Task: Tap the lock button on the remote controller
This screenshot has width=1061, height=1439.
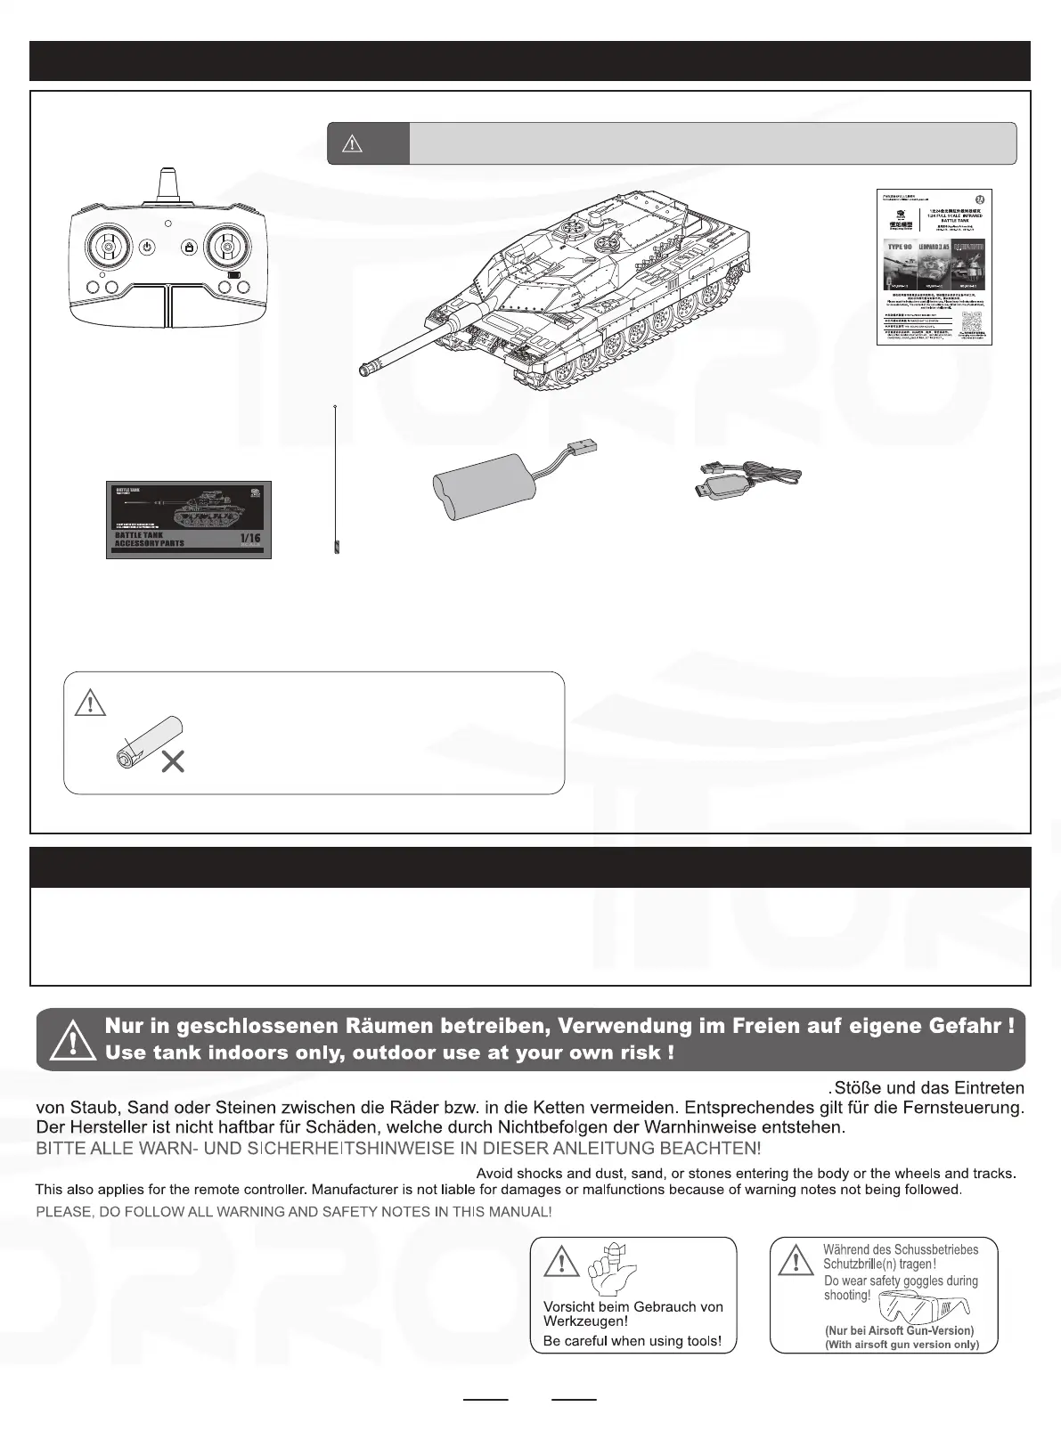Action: (189, 247)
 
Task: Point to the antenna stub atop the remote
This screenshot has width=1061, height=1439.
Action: (168, 185)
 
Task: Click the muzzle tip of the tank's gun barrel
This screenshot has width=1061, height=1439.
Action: (364, 370)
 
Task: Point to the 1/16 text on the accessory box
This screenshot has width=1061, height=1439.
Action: (249, 538)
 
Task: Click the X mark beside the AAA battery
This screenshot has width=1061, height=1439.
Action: (173, 761)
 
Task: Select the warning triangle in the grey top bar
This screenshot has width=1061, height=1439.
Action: (352, 144)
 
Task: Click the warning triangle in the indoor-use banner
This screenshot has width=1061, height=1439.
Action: (69, 1038)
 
